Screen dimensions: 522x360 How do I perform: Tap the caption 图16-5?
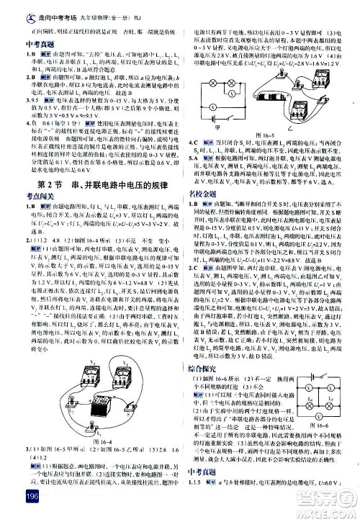[264, 133]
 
